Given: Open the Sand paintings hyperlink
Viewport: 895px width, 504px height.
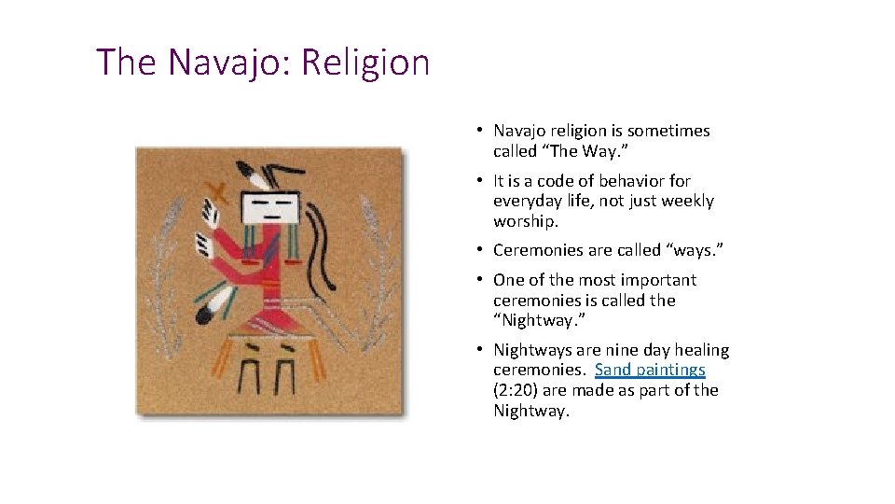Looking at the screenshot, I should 650,370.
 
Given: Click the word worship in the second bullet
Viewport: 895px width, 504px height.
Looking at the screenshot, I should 525,221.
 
